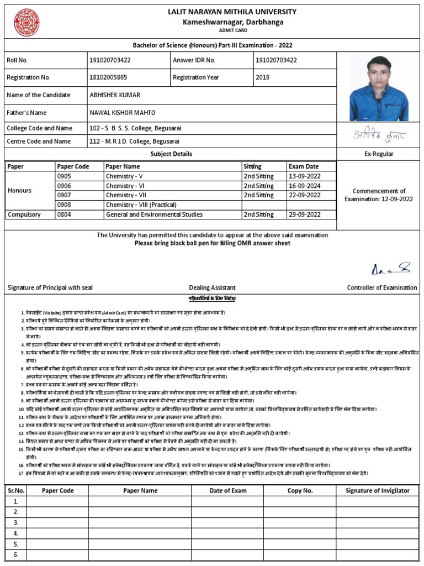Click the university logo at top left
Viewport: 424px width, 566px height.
(x=26, y=20)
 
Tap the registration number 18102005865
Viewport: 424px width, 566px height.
(x=108, y=77)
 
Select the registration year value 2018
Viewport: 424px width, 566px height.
(x=262, y=77)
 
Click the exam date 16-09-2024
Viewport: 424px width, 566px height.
(x=304, y=186)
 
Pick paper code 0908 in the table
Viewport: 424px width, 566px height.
(x=64, y=205)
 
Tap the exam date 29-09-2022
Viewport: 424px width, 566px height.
(x=304, y=214)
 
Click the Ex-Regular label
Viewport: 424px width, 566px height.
(x=379, y=154)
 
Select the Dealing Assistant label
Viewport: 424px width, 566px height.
(x=212, y=287)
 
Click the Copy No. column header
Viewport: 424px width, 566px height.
(x=300, y=490)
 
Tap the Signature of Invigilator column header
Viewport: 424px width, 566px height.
(x=377, y=490)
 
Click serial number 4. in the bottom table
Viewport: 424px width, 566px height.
(x=16, y=533)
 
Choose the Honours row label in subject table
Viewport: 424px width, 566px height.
(x=19, y=190)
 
